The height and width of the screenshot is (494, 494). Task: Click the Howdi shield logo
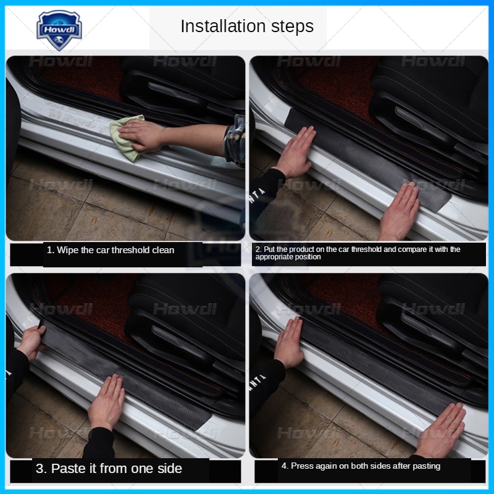coord(59,30)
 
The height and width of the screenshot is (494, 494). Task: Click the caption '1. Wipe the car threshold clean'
coord(111,250)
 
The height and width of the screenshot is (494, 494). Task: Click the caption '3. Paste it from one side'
coord(109,469)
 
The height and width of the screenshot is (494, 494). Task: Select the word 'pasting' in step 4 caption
coord(427,466)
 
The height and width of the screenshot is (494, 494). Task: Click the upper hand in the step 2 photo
coord(296,153)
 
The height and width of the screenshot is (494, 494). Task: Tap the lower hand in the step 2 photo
coord(399,211)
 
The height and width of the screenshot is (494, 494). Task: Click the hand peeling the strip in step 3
coord(31,342)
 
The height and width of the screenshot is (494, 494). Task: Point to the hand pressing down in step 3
coord(107,402)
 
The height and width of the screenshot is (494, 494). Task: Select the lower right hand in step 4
coord(440,430)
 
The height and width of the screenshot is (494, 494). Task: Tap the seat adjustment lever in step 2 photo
coord(419,120)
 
